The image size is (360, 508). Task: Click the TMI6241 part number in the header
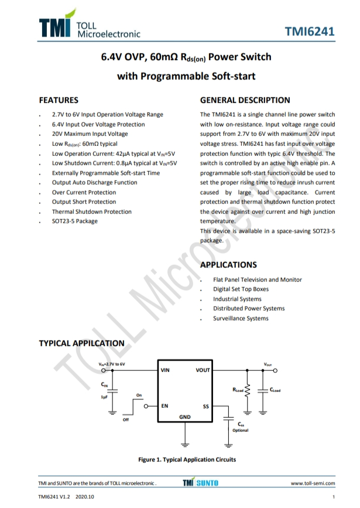310,32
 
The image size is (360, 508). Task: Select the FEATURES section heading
59,100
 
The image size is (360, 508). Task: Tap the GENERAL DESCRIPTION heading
245,100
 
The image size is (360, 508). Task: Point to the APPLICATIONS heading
228,265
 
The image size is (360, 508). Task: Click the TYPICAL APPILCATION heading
81,343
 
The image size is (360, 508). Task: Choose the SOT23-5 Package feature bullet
75,221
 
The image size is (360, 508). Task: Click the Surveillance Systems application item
241,318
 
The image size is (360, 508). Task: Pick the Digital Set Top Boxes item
241,289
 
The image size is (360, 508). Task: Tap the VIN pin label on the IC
165,370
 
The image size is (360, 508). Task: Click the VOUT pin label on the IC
203,370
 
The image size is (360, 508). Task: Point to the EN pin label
165,405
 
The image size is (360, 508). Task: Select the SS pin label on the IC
205,405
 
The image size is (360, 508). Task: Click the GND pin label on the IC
185,417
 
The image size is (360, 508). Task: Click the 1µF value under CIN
104,397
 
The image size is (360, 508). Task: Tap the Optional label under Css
241,430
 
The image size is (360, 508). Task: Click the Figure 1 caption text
187,459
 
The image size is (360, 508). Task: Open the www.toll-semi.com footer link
313,483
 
